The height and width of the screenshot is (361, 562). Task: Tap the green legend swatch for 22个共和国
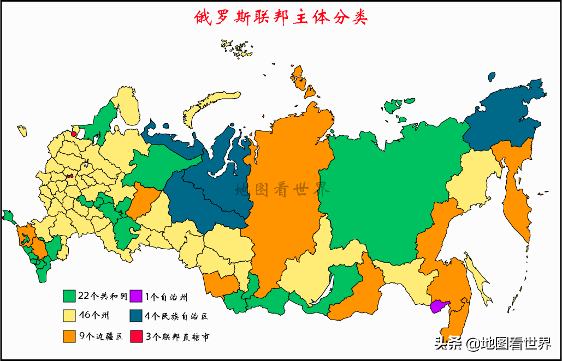pos(69,297)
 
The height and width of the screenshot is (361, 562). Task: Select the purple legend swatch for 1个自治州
pos(136,297)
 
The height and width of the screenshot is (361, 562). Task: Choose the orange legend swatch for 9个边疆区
pos(69,336)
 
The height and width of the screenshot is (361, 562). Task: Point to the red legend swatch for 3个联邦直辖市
pos(136,336)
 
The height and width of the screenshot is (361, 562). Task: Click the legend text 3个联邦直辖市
pos(178,337)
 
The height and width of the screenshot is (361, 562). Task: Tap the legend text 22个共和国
pos(103,297)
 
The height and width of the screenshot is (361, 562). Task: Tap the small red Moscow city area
pos(69,176)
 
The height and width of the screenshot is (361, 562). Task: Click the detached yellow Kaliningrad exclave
pos(22,131)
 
